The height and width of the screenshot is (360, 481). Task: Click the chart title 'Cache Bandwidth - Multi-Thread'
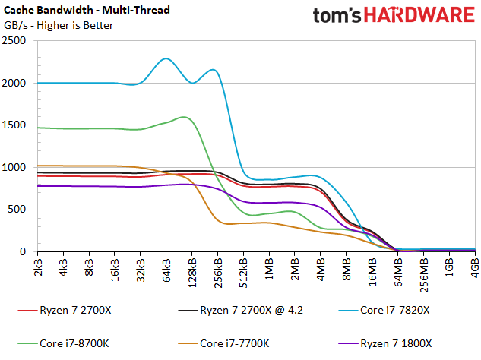pos(87,10)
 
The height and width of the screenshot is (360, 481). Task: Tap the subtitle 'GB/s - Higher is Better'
pos(59,25)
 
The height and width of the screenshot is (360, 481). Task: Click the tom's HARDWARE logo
pos(394,15)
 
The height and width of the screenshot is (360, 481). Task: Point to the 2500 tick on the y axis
pos(14,40)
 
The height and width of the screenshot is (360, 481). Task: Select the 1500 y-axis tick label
pos(14,125)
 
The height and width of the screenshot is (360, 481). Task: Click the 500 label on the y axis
pos(16,210)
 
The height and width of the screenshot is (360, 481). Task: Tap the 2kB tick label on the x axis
pos(38,267)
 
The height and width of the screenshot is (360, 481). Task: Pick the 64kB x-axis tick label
pos(166,270)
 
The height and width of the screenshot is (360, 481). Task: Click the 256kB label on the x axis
pos(217,273)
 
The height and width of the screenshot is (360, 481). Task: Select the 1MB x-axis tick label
pos(269,269)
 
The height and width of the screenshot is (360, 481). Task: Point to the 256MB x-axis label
pos(423,276)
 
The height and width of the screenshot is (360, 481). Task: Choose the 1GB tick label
pos(449,267)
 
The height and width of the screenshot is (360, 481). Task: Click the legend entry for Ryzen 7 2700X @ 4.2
pos(240,311)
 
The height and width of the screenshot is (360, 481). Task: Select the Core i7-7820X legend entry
pos(384,311)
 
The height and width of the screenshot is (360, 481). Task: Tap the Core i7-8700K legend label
pos(63,343)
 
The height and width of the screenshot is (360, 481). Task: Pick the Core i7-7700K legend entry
pos(223,343)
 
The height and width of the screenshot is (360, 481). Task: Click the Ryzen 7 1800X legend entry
pos(385,343)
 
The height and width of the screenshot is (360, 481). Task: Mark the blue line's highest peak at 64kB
pos(166,58)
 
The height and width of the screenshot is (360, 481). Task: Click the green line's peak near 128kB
pos(184,117)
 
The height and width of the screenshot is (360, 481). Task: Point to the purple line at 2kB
pos(38,186)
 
